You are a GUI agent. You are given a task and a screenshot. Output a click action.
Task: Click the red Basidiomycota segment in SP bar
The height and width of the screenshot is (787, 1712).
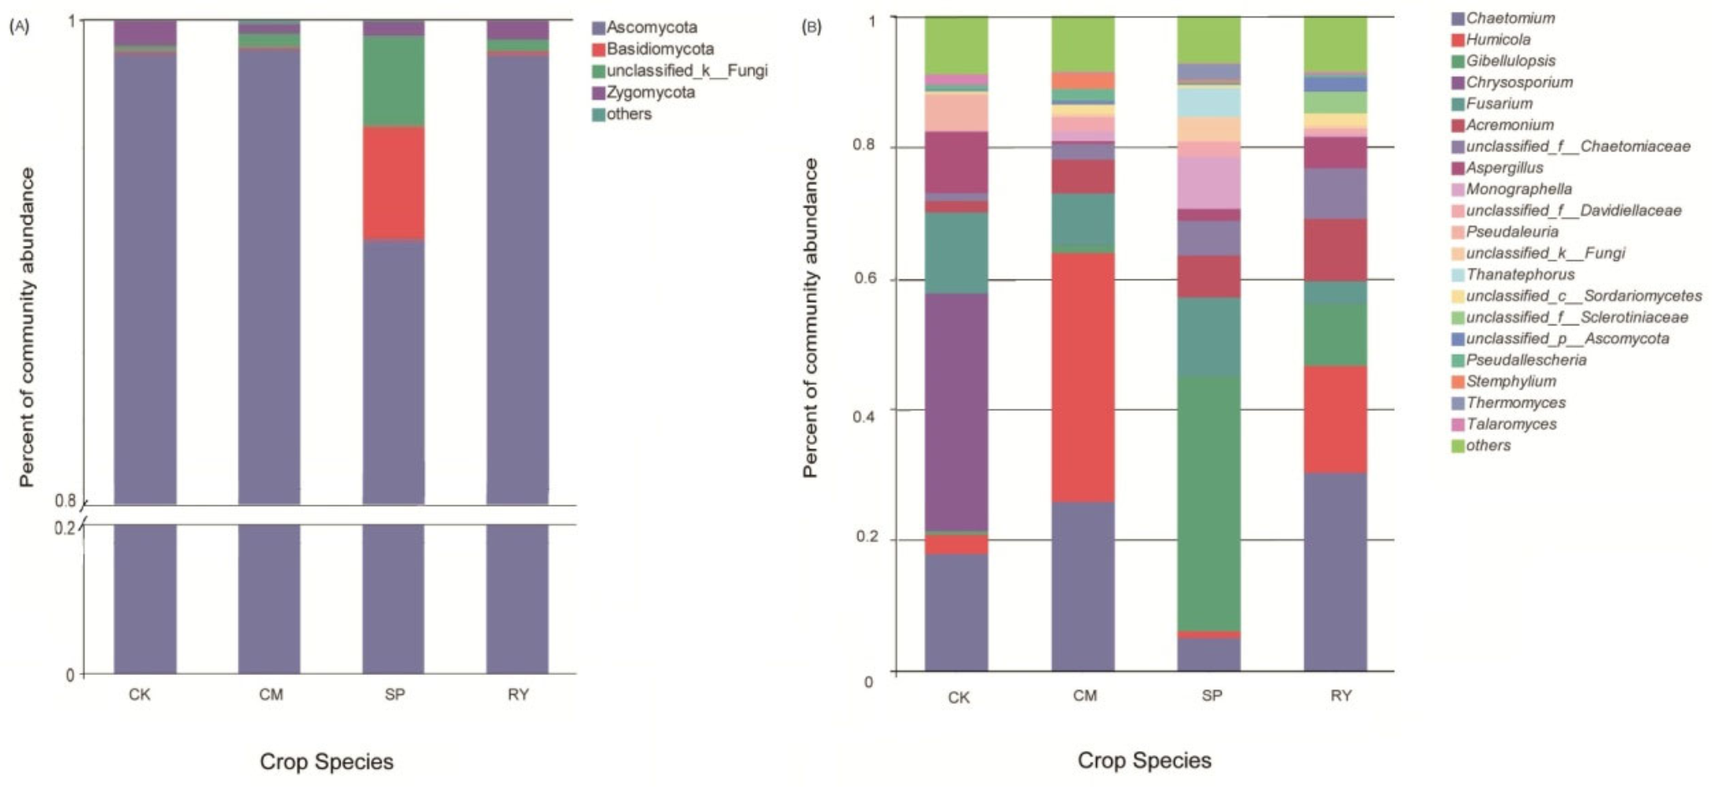(x=393, y=182)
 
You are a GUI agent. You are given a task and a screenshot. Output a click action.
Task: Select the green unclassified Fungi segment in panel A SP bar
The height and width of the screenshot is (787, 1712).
(x=393, y=81)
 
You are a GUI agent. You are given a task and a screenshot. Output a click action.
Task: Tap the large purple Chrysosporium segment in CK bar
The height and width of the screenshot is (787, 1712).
(x=956, y=411)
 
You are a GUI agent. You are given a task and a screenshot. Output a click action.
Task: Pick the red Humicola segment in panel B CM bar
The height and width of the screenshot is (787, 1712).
(x=1083, y=377)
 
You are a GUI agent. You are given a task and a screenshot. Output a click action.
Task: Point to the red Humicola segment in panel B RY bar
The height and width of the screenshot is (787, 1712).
(x=1335, y=419)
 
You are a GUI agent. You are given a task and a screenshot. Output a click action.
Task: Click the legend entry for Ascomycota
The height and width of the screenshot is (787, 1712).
(x=651, y=28)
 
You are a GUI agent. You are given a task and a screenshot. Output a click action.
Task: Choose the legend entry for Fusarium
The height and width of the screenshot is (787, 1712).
(x=1499, y=104)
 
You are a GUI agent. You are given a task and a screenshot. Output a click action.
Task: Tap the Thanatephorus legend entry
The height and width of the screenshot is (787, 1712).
(x=1520, y=274)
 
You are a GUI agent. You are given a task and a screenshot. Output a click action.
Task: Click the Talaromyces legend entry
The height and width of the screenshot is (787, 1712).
(x=1510, y=424)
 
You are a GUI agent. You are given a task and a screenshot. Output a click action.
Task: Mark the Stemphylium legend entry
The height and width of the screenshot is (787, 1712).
(x=1510, y=381)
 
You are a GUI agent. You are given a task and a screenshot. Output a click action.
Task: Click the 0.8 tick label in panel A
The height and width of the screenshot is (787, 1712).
(x=65, y=501)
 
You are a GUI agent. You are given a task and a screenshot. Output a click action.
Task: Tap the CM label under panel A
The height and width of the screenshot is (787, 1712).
(x=270, y=695)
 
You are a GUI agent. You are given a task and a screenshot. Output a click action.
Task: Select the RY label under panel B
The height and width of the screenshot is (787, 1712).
(x=1340, y=696)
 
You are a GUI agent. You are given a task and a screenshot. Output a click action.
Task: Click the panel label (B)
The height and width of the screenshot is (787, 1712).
(x=811, y=27)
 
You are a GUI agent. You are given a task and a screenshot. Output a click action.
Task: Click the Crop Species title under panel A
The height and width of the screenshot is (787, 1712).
(x=326, y=762)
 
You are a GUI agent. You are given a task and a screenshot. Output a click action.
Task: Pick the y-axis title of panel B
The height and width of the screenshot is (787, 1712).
(x=809, y=318)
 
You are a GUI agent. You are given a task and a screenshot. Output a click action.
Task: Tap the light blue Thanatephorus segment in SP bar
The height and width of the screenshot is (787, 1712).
(x=1208, y=102)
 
